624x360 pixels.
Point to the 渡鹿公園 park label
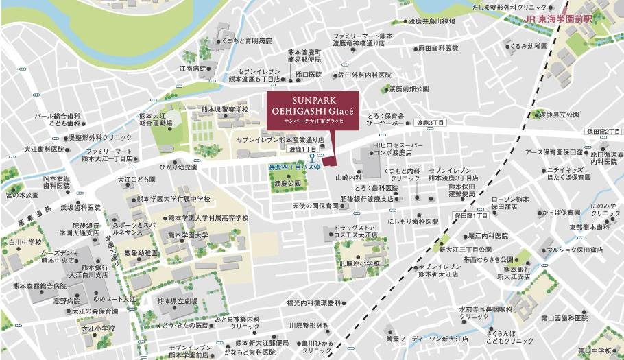(x=287, y=184)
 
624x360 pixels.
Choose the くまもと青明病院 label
(x=246, y=41)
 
